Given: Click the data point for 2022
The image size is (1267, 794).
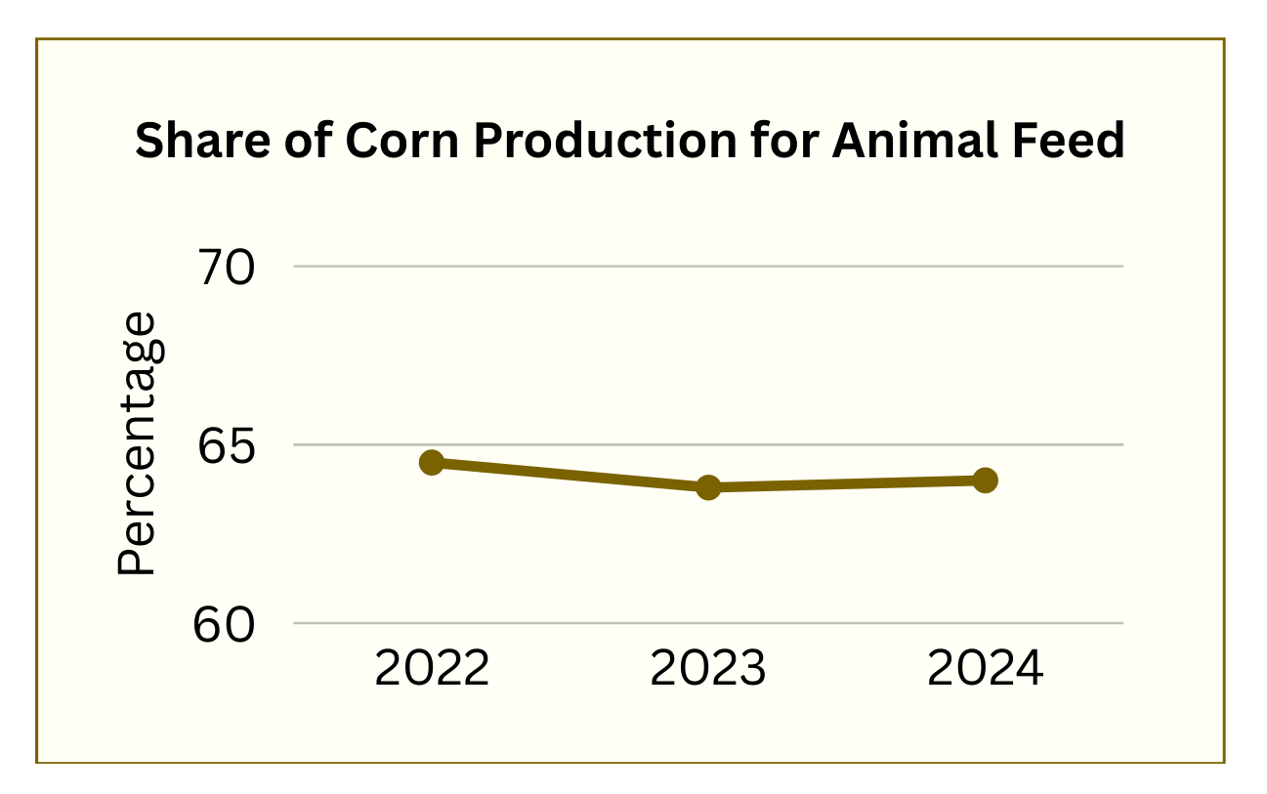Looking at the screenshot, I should [x=432, y=462].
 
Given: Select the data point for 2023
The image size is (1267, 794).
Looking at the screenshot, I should [x=708, y=486].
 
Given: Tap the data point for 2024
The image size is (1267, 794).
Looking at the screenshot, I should [x=985, y=480].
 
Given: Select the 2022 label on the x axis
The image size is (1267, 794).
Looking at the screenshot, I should [x=432, y=670].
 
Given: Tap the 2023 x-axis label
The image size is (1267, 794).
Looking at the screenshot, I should [x=708, y=670].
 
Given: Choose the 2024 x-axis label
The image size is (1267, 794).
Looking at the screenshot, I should [x=985, y=670].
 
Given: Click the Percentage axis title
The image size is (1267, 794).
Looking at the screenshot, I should [x=137, y=443].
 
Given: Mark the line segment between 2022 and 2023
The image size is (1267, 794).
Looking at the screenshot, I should [x=570, y=475].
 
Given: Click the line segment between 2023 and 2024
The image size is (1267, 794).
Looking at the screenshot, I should [x=846, y=483].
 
